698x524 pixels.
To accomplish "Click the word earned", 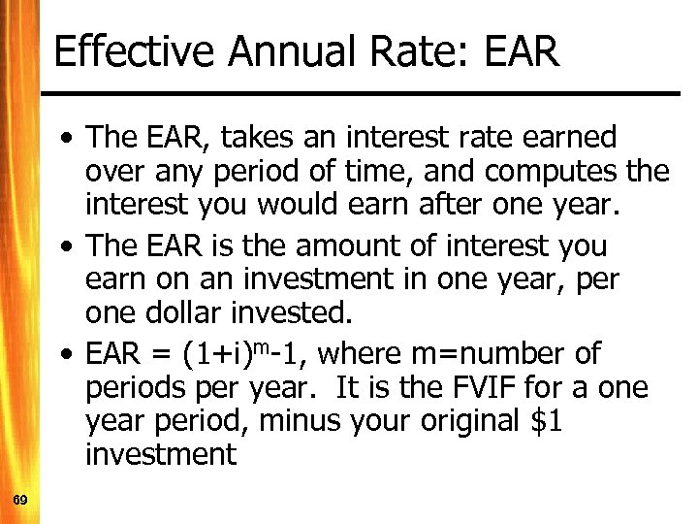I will point(571,138).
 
